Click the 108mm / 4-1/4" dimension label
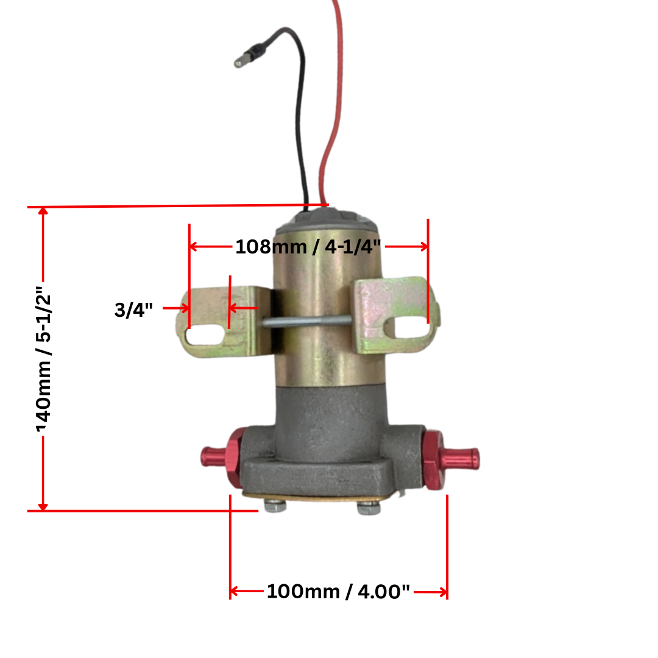click(x=308, y=247)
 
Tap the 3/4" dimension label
click(x=133, y=310)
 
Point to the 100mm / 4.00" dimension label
click(x=338, y=591)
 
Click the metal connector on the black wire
click(x=242, y=61)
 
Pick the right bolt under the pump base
click(x=367, y=508)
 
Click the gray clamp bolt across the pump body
click(x=308, y=322)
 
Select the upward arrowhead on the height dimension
click(x=43, y=211)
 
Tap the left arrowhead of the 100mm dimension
click(x=234, y=591)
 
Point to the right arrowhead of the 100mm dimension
click(x=444, y=591)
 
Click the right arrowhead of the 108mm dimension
click(x=423, y=247)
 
